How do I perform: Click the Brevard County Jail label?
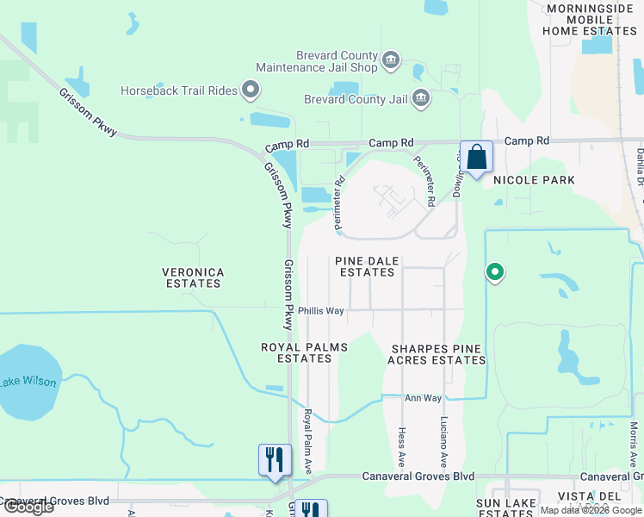click(x=356, y=99)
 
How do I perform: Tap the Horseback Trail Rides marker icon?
click(x=251, y=89)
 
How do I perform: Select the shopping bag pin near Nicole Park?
click(x=476, y=159)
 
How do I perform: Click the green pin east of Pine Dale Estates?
click(x=495, y=272)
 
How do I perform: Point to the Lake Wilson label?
click(x=28, y=383)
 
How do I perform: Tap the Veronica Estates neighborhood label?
click(x=194, y=277)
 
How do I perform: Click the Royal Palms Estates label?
click(x=305, y=352)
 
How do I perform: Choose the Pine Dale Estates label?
click(x=367, y=266)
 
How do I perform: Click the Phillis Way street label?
click(x=321, y=310)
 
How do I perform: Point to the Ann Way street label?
click(x=423, y=398)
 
